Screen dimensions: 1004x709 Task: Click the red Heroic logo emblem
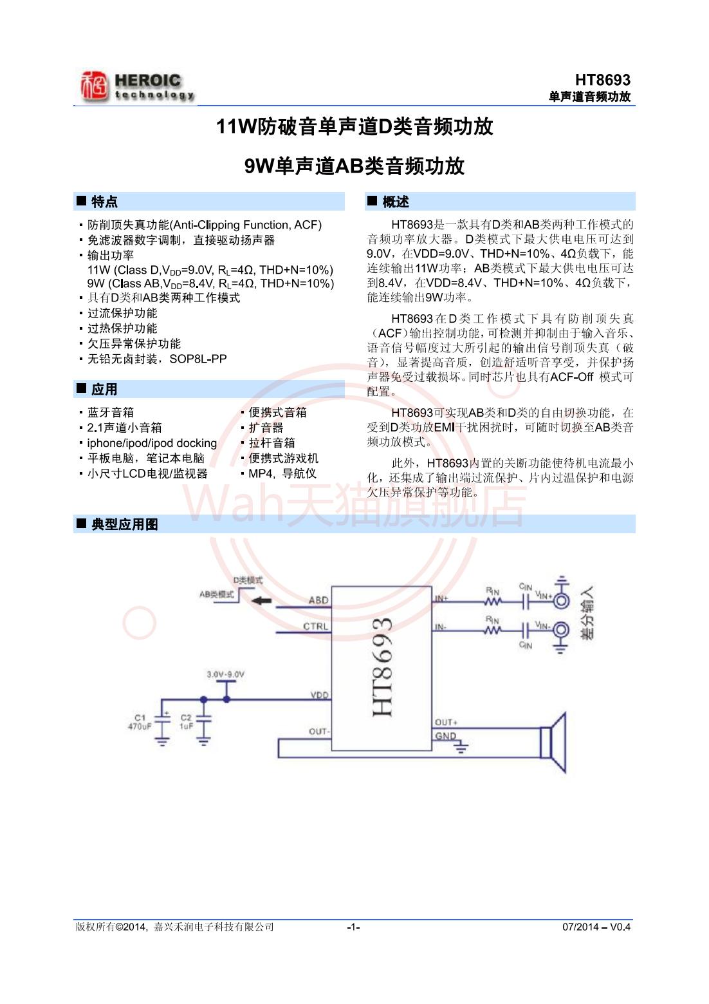pos(94,86)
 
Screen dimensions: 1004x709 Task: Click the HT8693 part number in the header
pos(602,80)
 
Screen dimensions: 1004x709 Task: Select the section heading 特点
pos(104,202)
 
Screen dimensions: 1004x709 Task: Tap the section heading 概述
pos(395,202)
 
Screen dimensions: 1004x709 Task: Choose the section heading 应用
pos(104,390)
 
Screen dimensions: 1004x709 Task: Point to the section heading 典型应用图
pos(125,524)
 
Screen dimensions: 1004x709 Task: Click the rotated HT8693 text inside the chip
pos(382,667)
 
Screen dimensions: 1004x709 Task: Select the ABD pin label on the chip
pos(318,600)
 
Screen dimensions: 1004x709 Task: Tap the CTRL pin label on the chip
pos(316,626)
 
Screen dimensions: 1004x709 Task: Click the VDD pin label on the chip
pos(319,696)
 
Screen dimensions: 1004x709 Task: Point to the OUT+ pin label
pos(446,723)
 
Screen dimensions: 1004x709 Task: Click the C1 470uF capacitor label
pos(140,722)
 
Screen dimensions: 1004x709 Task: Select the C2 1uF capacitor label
pos(186,722)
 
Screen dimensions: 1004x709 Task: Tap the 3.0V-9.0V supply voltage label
pos(225,675)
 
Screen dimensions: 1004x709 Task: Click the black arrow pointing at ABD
pos(262,601)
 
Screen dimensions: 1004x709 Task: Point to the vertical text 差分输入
pos(587,612)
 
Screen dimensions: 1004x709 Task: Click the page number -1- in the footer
pos(353,927)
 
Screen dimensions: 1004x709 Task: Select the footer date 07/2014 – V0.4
pos(596,927)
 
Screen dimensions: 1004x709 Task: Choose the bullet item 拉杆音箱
pos(272,443)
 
